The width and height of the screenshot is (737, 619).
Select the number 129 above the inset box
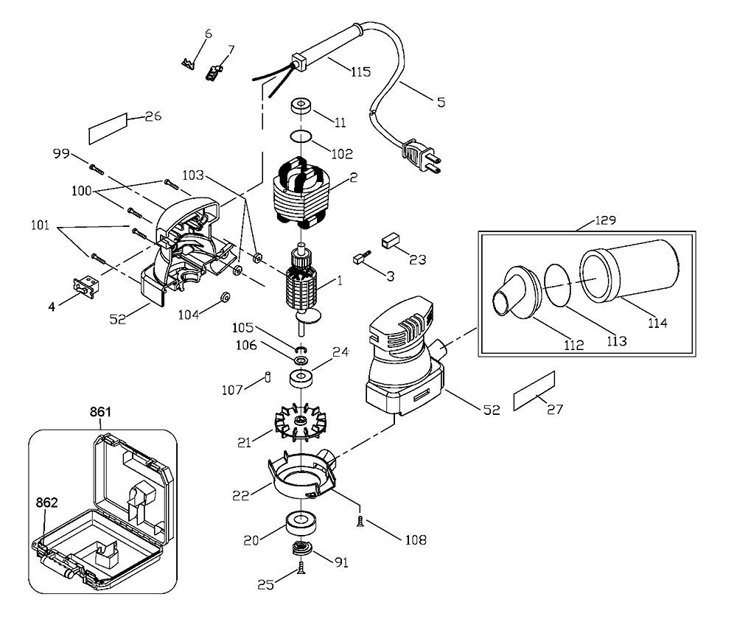coord(606,220)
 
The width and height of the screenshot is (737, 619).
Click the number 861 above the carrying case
coord(100,412)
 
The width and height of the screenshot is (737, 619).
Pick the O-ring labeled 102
coord(301,138)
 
